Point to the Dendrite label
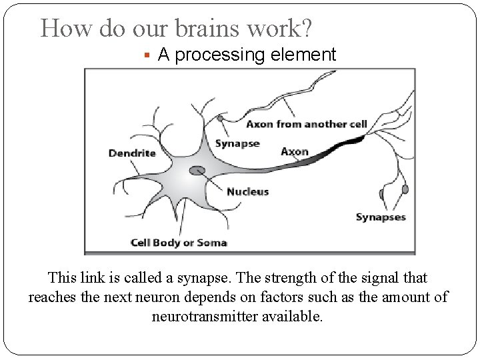pyautogui.click(x=132, y=153)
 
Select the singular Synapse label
pyautogui.click(x=237, y=144)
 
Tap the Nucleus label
pyautogui.click(x=247, y=191)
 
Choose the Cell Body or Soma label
pyautogui.click(x=179, y=242)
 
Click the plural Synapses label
pyautogui.click(x=381, y=217)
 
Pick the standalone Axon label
pyautogui.click(x=295, y=151)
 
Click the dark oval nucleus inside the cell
pyautogui.click(x=197, y=171)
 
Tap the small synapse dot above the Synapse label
pyautogui.click(x=220, y=119)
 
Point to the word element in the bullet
pyautogui.click(x=306, y=55)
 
